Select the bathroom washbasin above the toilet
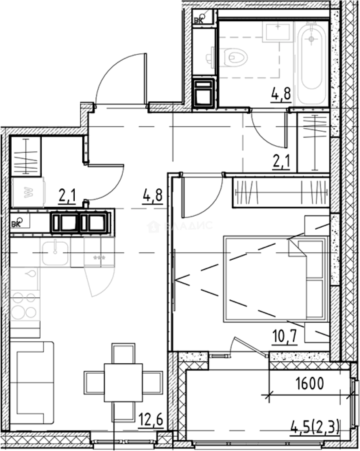(276, 32)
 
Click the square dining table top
(123, 383)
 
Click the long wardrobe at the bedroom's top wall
(280, 193)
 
